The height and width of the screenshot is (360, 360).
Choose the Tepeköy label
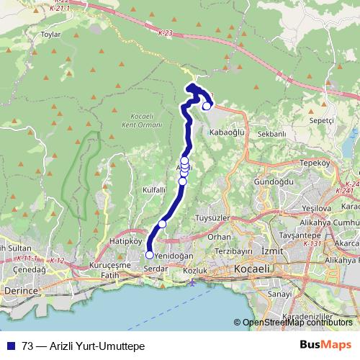[x=314, y=163]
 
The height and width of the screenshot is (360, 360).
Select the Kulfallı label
[x=155, y=189]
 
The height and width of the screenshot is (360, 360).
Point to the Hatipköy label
[x=122, y=241]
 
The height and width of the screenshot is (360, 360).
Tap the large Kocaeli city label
[x=251, y=268]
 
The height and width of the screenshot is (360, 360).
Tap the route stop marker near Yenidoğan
[x=149, y=254]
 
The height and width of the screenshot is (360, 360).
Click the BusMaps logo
[x=326, y=346]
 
